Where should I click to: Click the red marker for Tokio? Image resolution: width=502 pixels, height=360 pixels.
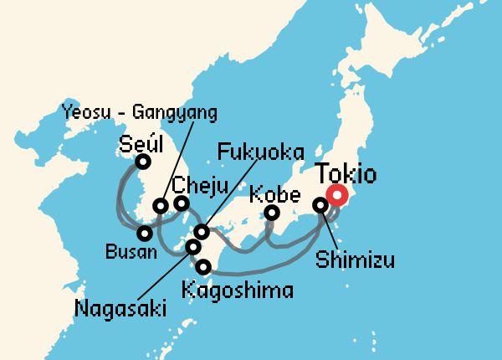coord(337,198)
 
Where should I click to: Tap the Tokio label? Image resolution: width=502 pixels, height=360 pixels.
coord(346,175)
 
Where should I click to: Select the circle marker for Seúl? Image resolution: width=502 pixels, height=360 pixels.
coord(143,162)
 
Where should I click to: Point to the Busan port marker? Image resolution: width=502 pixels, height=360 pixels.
coord(145,234)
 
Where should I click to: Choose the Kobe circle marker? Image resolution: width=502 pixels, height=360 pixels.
coord(271,213)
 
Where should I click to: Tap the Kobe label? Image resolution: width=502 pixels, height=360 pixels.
coord(275,194)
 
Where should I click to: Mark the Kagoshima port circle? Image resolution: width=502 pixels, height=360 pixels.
coord(205,267)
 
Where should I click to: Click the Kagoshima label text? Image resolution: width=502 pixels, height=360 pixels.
coord(237,291)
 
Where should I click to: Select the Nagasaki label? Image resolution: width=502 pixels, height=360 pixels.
coord(120,309)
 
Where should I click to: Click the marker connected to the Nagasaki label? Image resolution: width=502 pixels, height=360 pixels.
coord(193,247)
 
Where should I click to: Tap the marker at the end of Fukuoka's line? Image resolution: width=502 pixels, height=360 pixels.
coord(201,231)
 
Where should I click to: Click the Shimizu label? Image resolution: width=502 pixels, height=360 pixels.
coord(356,260)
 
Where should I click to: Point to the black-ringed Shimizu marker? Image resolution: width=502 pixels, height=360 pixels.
coord(320,205)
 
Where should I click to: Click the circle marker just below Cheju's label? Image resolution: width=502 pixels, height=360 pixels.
coord(181,203)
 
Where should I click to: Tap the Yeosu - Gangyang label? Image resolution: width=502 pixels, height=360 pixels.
coord(139,112)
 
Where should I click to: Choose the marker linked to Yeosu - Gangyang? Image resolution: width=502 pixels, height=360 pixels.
coord(161,206)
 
